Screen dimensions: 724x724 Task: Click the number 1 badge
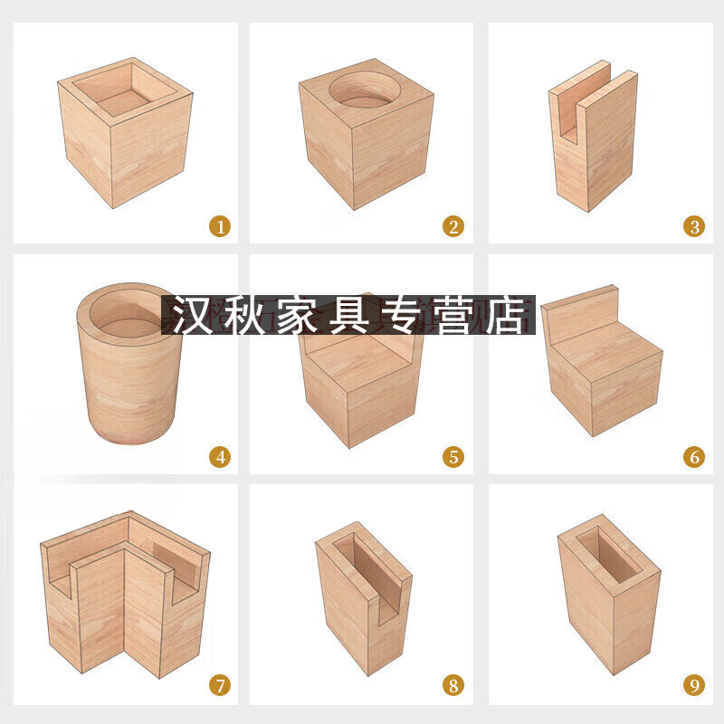tap(218, 225)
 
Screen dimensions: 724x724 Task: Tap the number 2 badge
tap(454, 225)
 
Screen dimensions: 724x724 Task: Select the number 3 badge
tap(694, 225)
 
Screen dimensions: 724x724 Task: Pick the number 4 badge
tap(218, 457)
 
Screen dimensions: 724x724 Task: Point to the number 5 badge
tap(454, 457)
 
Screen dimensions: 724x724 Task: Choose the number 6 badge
tap(694, 457)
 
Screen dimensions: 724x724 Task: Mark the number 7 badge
tap(218, 685)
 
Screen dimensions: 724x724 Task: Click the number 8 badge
tap(454, 685)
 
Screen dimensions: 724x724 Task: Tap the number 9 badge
tap(694, 685)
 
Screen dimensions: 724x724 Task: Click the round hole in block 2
tap(366, 92)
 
